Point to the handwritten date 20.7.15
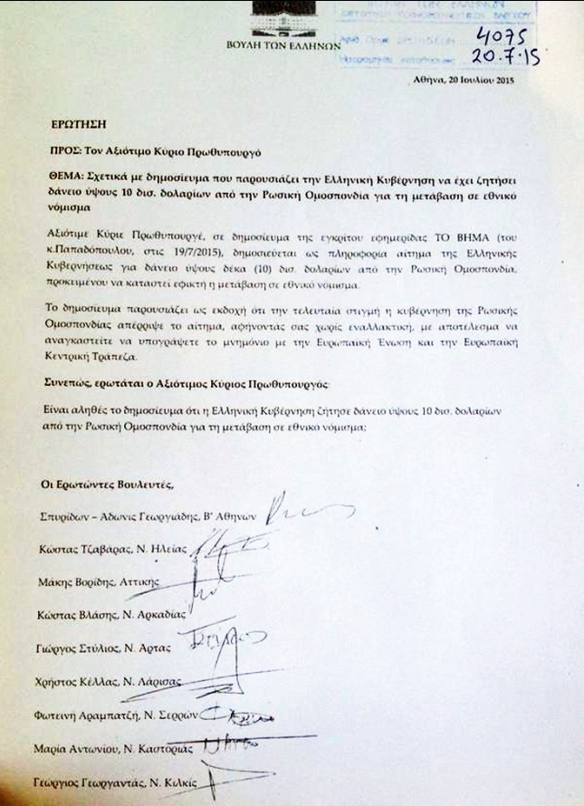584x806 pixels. (x=510, y=57)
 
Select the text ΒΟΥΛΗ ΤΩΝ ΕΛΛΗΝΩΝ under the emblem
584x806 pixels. (x=282, y=44)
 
